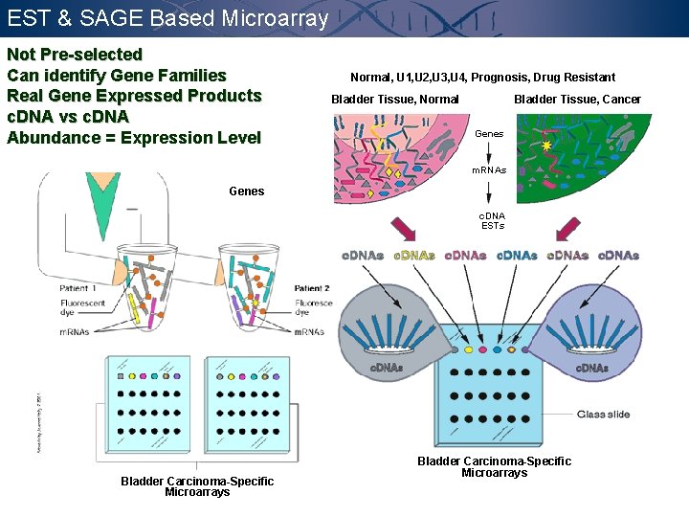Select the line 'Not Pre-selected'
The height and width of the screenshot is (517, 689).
tap(75, 55)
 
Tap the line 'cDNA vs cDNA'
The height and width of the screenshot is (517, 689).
tap(68, 117)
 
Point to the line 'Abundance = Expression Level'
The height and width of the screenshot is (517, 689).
tap(134, 138)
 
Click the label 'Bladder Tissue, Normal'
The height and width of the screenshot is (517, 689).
tap(394, 100)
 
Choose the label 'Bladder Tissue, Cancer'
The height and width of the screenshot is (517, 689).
tap(577, 100)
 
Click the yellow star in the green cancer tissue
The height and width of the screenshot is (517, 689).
tap(546, 146)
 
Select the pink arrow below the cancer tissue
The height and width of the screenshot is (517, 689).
tap(568, 229)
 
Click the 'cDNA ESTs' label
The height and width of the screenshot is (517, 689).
tap(493, 221)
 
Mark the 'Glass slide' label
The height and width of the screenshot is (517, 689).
tap(603, 415)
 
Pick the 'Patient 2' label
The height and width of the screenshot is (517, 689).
tap(312, 288)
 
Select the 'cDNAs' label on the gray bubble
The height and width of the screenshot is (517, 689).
tap(387, 368)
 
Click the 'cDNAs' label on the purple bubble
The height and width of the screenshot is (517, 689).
tap(591, 368)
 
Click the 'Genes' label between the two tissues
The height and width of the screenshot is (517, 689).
tap(489, 134)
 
